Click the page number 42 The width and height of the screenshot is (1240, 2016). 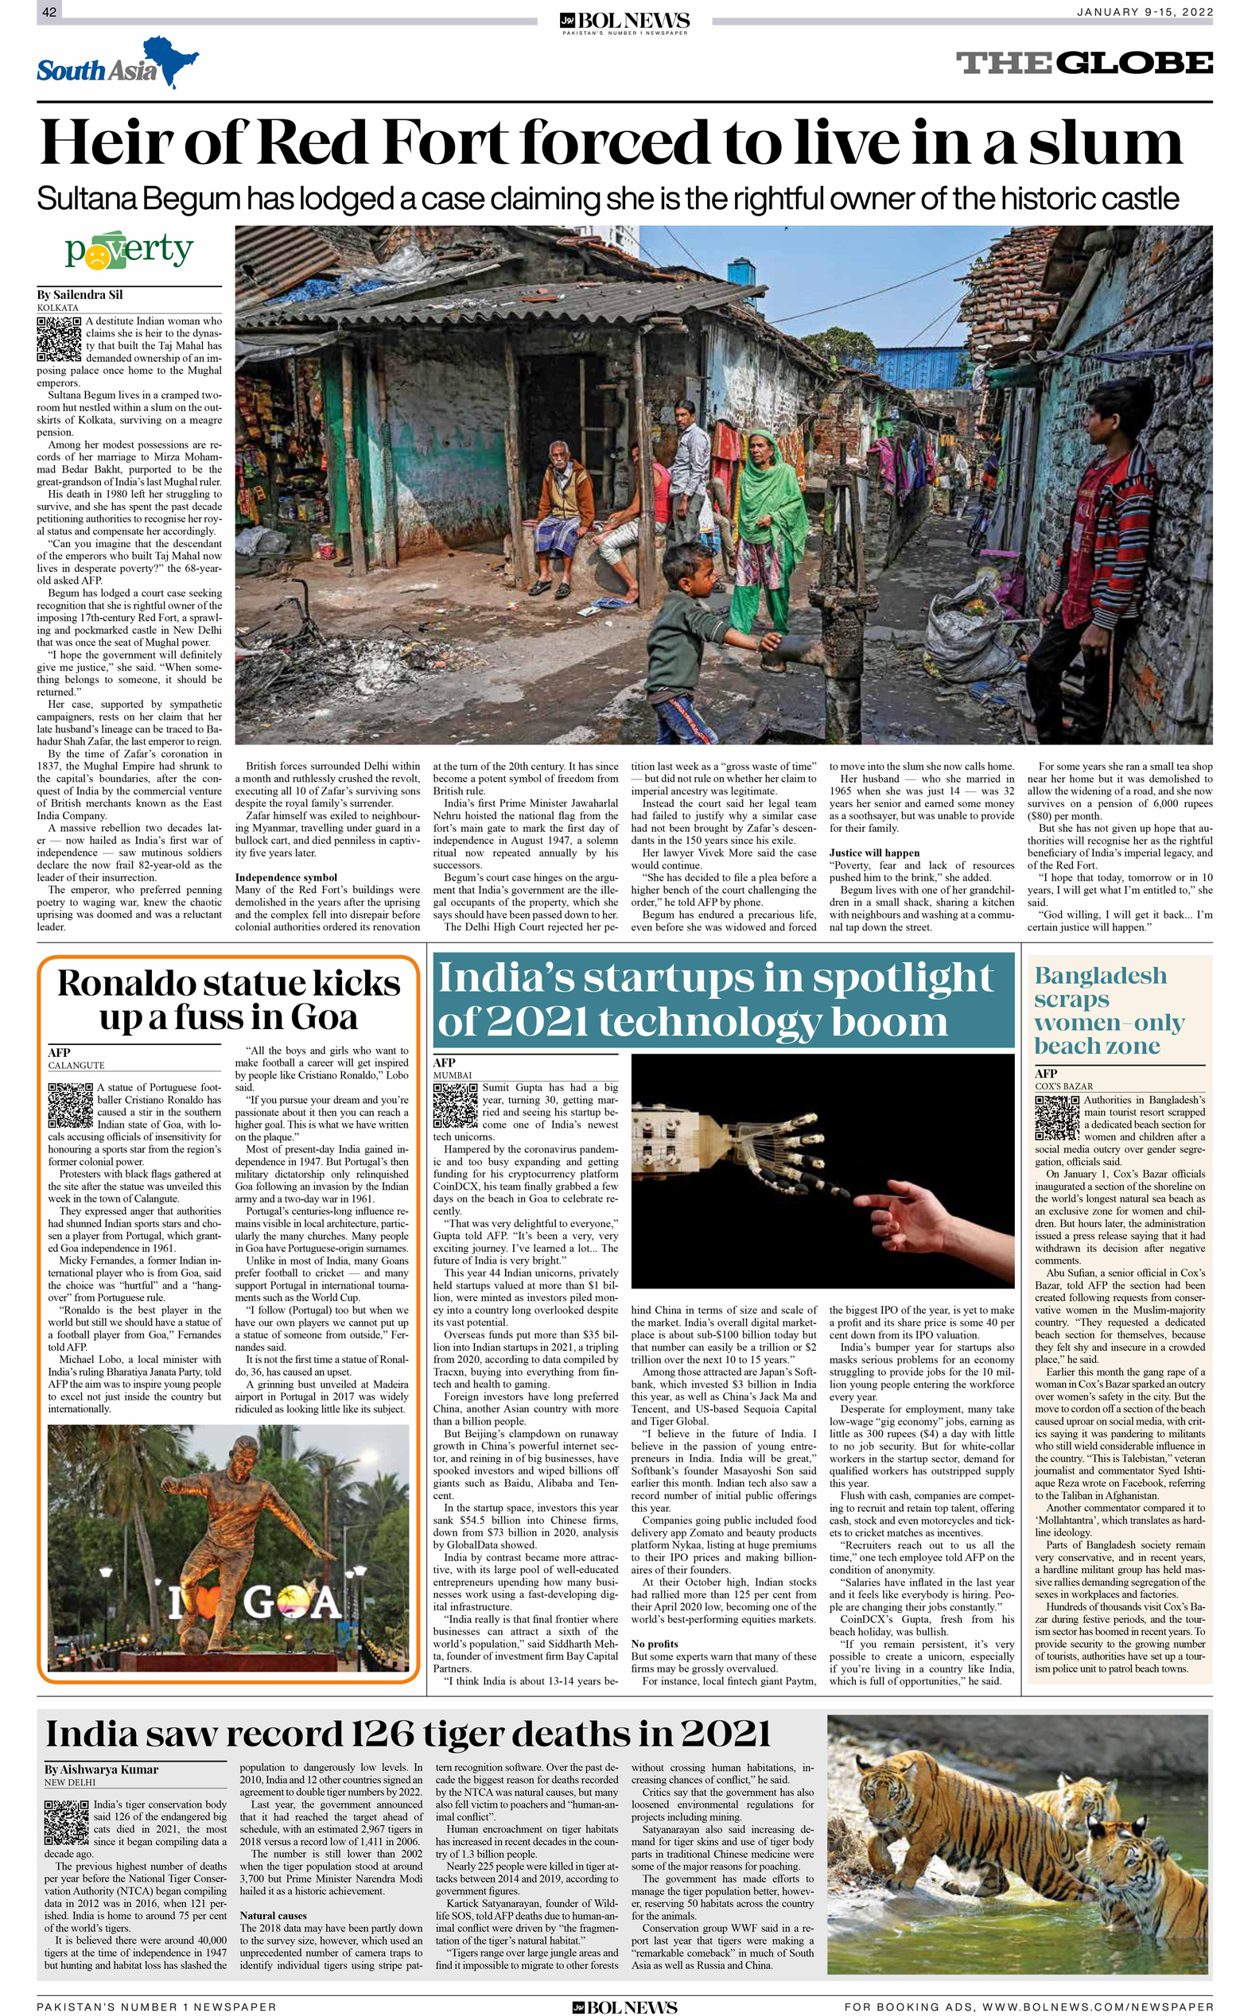(49, 12)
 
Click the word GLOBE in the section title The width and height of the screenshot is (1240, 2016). (1134, 63)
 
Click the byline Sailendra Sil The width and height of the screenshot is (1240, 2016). (80, 294)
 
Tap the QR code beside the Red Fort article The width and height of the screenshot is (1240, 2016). (58, 339)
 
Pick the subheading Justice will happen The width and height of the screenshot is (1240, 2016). (874, 853)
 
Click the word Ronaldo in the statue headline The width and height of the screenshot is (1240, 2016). (131, 984)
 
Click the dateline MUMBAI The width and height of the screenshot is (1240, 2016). (452, 1075)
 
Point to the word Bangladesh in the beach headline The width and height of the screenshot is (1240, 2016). (1100, 976)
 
